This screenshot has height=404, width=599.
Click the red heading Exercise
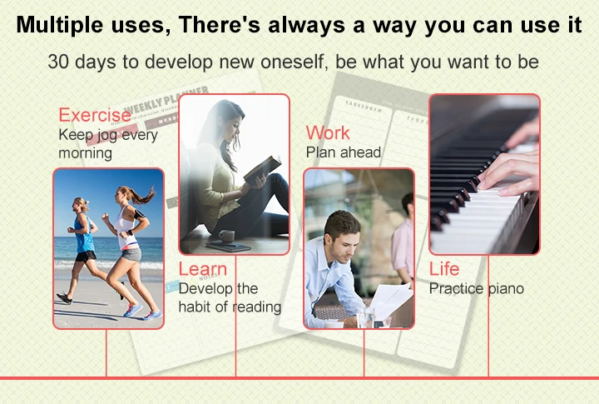(95, 115)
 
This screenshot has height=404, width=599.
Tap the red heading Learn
(203, 269)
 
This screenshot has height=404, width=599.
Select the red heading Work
(328, 132)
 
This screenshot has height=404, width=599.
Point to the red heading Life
(444, 268)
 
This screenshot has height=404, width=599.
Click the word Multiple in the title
(60, 25)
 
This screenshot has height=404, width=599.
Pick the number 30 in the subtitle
(58, 62)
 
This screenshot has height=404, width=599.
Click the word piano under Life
(506, 289)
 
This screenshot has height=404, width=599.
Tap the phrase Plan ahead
(344, 152)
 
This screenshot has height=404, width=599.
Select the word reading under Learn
(257, 307)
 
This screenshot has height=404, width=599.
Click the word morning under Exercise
(86, 153)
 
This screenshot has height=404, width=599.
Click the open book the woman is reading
(262, 168)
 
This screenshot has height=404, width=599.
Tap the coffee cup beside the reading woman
(227, 236)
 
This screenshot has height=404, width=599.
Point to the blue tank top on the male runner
(84, 232)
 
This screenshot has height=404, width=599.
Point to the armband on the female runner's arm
(140, 213)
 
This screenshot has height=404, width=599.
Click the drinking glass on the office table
(365, 317)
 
